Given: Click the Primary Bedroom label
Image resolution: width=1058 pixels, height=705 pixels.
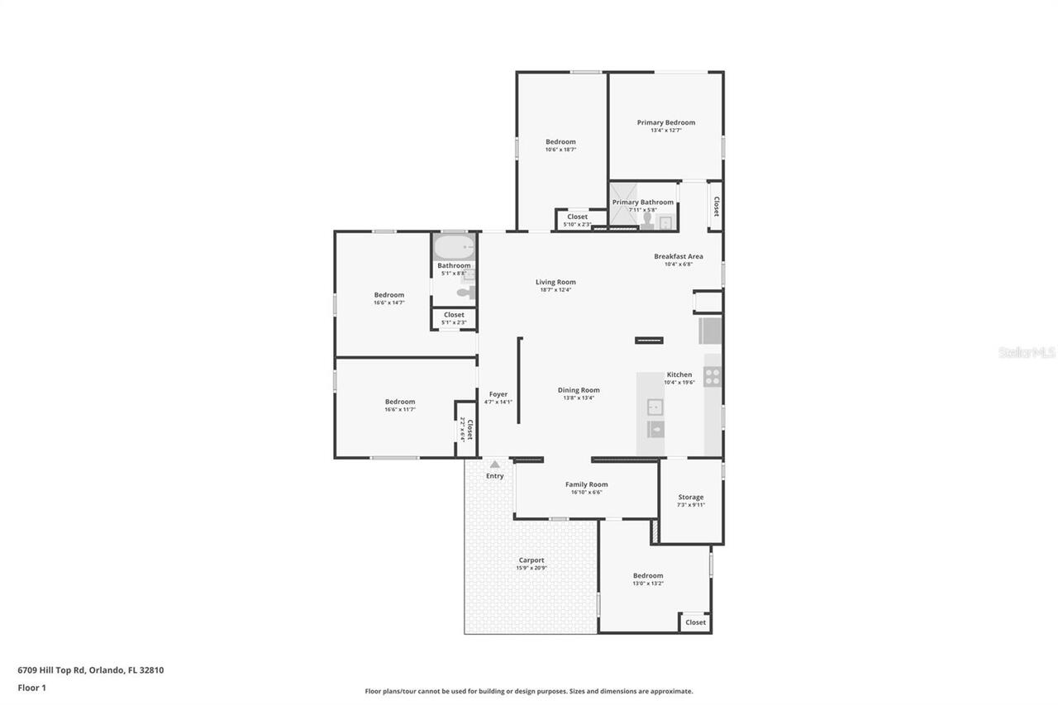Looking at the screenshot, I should [665, 122].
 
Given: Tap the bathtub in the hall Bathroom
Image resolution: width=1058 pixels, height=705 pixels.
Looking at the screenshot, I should [454, 247].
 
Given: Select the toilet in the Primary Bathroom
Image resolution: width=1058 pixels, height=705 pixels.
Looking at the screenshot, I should [647, 220].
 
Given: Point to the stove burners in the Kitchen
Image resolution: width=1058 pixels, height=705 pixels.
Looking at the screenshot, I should [712, 377].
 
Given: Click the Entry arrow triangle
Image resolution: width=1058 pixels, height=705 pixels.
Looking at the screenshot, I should [494, 464].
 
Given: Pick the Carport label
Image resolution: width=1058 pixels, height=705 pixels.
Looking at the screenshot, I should [531, 560].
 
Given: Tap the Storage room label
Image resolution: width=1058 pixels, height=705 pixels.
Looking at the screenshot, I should [690, 498].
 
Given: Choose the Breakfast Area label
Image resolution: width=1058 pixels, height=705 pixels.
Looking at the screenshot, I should [678, 256].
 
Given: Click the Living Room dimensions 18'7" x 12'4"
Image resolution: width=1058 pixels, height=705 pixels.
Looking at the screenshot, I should [555, 290].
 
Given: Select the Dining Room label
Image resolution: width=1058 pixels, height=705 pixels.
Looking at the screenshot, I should [579, 390].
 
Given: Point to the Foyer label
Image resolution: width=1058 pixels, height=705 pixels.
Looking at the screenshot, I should [498, 394].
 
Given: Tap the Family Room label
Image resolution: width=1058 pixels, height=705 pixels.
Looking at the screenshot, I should [586, 484].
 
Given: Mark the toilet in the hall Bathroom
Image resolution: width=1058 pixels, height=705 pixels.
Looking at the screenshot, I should [465, 292].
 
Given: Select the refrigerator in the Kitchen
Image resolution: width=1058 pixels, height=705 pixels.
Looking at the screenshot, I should [710, 331].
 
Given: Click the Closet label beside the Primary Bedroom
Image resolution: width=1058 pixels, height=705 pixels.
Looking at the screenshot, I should [715, 206].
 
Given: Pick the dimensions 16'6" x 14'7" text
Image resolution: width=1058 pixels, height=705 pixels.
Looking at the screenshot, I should [388, 303].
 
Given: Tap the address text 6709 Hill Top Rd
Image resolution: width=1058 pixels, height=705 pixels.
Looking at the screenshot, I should [90, 670].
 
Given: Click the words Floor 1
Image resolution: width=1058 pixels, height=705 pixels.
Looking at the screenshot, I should [31, 688].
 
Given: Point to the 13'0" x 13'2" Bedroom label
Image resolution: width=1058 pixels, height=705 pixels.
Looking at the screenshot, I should [647, 576].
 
